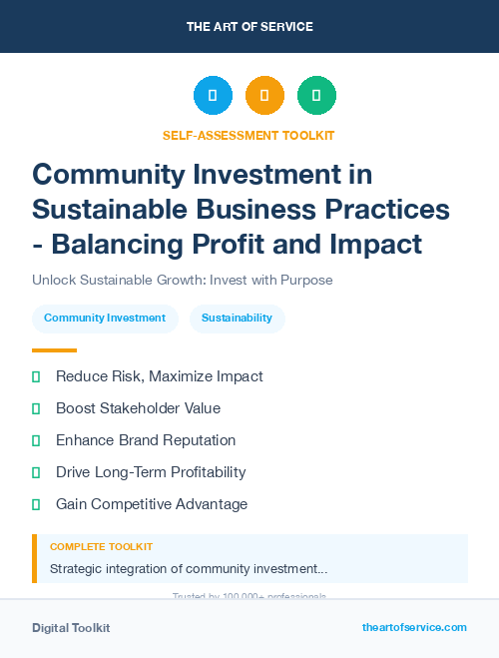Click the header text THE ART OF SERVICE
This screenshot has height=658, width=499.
249,27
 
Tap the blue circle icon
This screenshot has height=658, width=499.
213,96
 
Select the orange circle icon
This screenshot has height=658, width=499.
264,96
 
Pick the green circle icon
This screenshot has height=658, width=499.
316,96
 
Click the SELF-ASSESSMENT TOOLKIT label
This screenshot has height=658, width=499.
249,135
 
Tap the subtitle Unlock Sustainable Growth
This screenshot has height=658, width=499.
182,281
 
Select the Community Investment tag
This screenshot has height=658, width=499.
105,318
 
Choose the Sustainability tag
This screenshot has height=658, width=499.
237,318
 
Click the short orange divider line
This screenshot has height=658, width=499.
54,349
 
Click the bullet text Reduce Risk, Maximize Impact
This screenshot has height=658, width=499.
159,376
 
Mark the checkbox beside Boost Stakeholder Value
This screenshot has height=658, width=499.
36,408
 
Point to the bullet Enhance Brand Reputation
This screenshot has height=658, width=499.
146,440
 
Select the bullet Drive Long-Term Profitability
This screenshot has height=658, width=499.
151,472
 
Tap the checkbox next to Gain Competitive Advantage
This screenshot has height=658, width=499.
36,504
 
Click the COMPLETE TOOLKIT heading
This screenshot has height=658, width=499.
101,547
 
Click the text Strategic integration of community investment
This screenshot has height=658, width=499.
188,569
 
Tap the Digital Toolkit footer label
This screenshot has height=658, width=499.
71,628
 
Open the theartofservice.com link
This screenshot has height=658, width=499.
414,627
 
